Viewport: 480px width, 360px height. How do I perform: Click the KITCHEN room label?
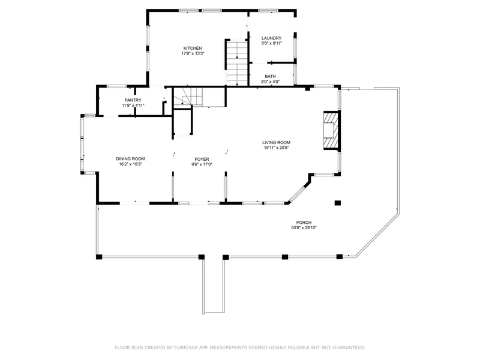pos(193,49)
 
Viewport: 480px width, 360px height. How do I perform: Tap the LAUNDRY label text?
pos(272,38)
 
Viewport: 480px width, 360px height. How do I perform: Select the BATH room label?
pos(271,77)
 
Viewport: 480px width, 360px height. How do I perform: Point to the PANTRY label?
pos(133,100)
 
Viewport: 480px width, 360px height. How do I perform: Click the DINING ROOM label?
pos(130,159)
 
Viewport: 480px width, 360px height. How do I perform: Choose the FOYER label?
pos(202,159)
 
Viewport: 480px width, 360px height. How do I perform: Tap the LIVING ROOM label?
pos(277,142)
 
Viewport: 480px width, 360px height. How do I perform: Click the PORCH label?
pos(304,223)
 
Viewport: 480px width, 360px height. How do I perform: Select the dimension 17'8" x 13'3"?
pos(193,53)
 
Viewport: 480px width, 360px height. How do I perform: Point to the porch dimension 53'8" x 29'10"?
pos(304,228)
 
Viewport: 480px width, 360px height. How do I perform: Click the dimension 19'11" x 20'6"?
pos(277,148)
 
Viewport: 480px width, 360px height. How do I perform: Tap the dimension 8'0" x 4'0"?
pos(271,82)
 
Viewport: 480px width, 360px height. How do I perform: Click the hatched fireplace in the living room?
pos(331,130)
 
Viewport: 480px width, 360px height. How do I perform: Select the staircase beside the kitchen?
pos(236,63)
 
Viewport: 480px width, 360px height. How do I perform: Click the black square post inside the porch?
pos(338,203)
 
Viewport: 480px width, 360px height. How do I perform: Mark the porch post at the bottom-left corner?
pos(99,257)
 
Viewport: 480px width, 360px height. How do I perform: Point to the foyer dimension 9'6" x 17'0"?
pos(202,164)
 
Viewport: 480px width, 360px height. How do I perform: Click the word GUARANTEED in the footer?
pos(349,347)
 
